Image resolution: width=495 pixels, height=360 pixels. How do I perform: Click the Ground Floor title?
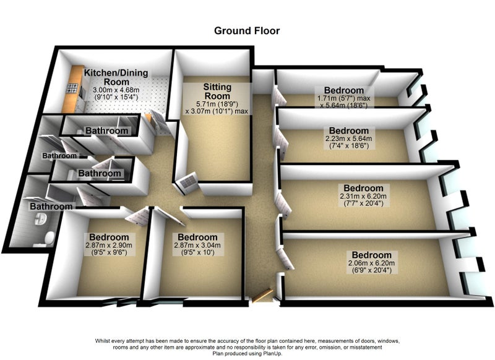tap(247, 31)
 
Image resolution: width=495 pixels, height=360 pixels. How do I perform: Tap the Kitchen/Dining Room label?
tap(116, 77)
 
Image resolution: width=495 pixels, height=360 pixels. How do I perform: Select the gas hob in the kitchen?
tap(72, 88)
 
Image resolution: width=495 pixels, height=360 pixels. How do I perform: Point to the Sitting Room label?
tap(217, 91)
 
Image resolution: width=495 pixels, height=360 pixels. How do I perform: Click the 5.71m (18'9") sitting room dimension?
tap(217, 104)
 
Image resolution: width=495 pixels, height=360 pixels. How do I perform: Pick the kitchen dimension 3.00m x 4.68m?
tap(116, 90)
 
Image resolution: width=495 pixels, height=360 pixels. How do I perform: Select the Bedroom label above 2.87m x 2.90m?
tap(109, 237)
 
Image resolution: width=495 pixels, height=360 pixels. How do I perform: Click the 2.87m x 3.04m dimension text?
tap(197, 245)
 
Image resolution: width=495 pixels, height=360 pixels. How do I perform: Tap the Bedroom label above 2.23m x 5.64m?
tap(348, 131)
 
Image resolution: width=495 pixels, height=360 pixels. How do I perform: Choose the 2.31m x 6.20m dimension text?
tap(363, 196)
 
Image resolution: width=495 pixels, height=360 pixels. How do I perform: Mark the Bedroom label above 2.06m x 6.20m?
tap(372, 255)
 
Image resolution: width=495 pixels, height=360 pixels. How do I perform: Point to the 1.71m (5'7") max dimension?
tap(344, 98)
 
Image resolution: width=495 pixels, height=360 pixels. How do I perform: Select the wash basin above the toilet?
tap(40, 218)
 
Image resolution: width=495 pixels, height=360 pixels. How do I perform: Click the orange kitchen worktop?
tap(71, 88)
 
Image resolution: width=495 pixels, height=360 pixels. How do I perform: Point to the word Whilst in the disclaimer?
tap(102, 341)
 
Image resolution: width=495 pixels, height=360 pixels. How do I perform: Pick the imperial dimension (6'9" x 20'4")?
tap(372, 270)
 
